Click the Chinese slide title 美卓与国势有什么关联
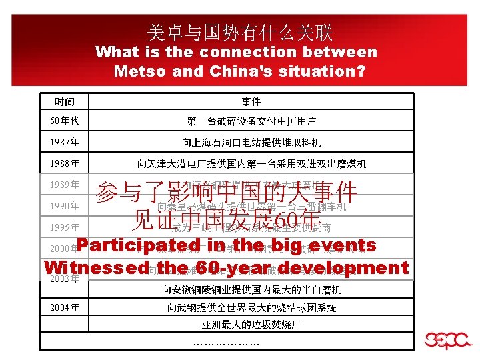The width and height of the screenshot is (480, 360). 239,32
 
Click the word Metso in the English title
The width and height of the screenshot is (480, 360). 139,70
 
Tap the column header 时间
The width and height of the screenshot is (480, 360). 64,101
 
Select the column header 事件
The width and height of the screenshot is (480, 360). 251,101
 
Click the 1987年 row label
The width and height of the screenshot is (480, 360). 65,142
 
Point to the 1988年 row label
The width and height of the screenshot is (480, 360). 65,163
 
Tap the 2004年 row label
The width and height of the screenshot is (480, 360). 65,307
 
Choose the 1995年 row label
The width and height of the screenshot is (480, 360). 65,227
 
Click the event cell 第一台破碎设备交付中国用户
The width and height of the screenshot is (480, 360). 251,121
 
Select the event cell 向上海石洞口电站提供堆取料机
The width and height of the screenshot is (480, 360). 251,143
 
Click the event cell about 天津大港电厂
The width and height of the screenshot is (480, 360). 251,163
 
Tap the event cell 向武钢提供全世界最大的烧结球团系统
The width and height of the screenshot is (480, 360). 251,307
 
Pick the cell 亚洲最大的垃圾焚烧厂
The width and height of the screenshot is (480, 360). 251,325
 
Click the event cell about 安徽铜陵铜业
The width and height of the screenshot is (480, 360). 251,290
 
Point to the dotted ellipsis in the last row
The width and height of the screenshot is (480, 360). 226,343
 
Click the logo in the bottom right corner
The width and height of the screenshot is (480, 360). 445,338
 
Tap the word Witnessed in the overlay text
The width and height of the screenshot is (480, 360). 92,267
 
